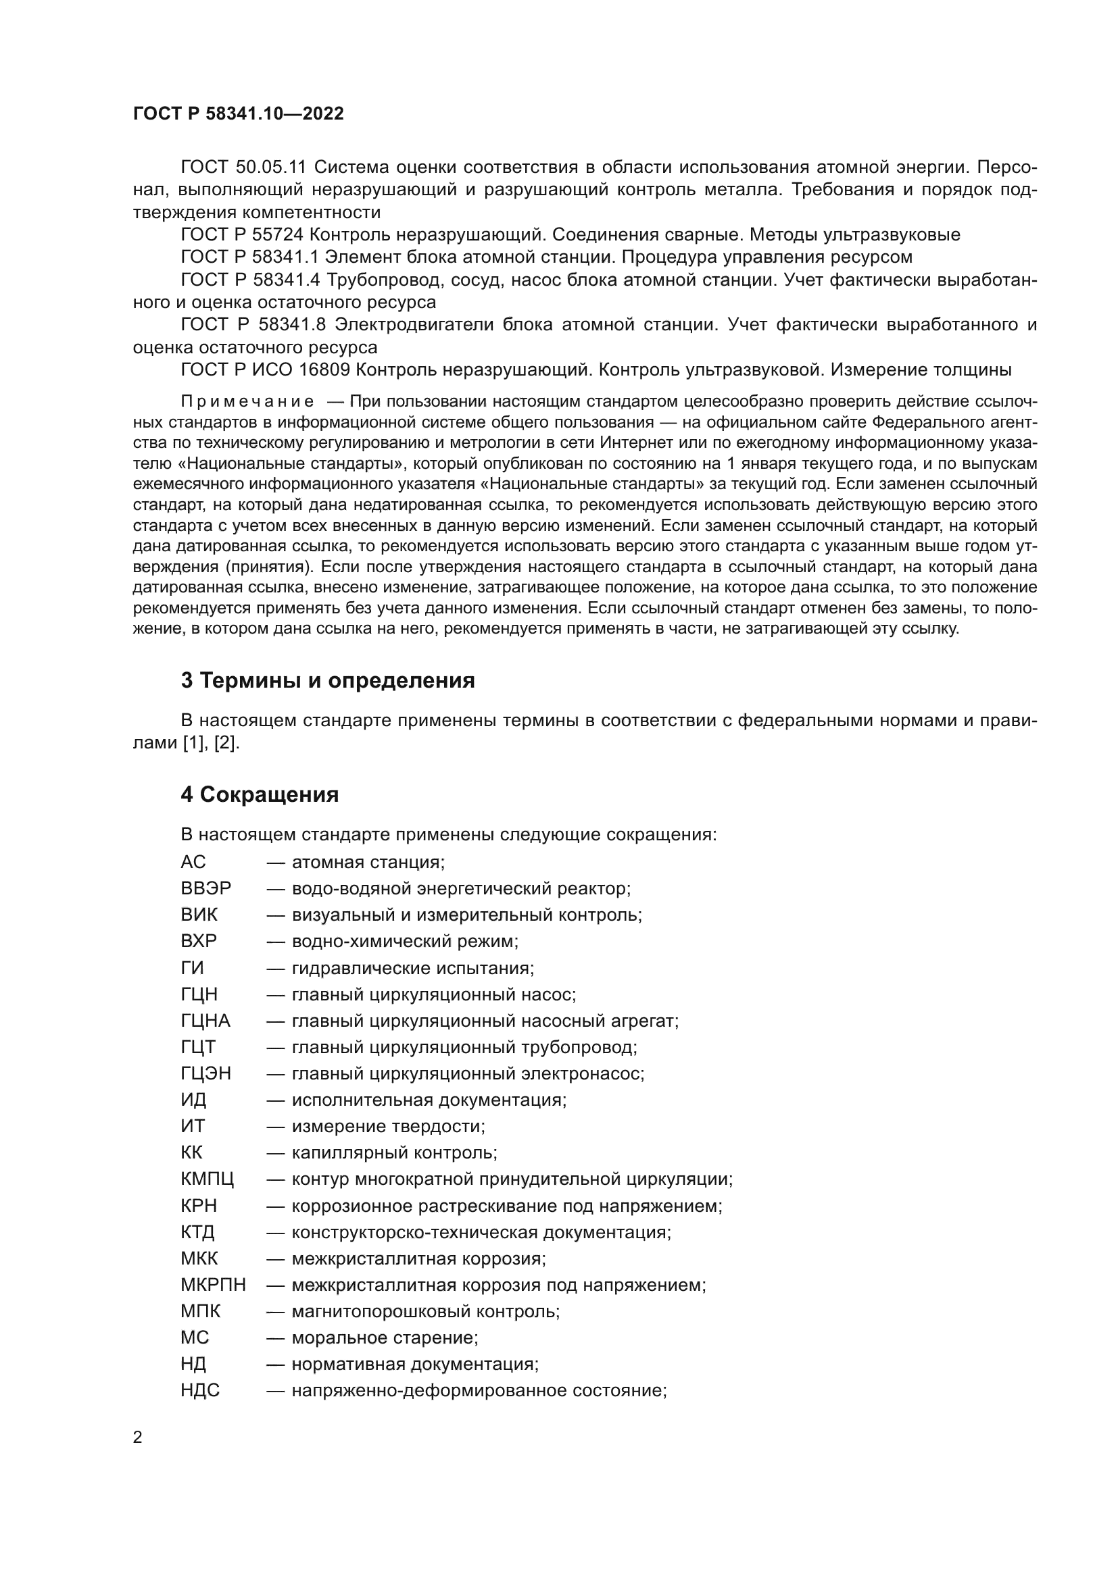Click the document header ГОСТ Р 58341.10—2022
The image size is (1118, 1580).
tap(238, 114)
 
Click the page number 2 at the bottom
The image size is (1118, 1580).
tap(138, 1437)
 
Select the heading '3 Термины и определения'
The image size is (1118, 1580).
tap(328, 681)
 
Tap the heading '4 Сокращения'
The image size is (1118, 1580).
tap(260, 795)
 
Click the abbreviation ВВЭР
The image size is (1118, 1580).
tap(206, 888)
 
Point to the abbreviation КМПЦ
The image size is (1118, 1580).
tap(208, 1179)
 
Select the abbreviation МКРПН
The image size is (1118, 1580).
tap(213, 1285)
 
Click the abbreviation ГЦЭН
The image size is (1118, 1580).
tap(206, 1073)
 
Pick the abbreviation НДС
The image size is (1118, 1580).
tap(199, 1390)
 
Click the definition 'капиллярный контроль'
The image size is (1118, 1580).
tap(394, 1152)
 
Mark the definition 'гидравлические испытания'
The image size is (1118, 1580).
tap(412, 968)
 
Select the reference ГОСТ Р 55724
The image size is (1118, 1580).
tap(241, 235)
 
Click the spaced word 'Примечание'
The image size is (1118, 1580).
tap(247, 402)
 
